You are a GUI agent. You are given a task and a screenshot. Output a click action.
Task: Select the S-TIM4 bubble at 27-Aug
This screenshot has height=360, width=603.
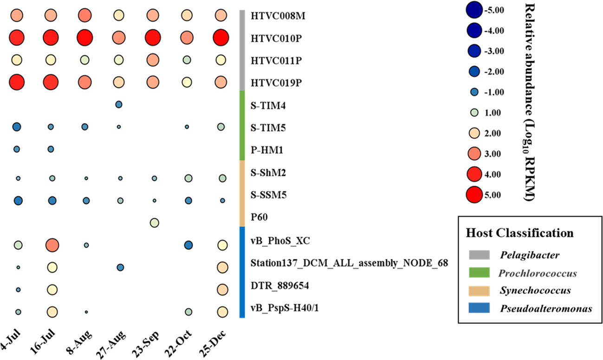[x=118, y=105]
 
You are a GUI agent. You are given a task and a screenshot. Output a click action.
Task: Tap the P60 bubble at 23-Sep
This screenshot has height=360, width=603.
[x=155, y=223]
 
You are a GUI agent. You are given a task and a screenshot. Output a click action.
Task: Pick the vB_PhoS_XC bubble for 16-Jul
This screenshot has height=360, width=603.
[x=52, y=244]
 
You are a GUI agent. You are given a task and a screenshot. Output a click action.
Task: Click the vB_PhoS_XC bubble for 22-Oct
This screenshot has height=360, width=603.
[x=188, y=244]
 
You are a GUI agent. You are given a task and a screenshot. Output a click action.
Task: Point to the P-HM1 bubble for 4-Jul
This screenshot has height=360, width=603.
[x=17, y=149]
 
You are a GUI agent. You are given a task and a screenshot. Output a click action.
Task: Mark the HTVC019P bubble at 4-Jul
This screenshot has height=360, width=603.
[x=17, y=82]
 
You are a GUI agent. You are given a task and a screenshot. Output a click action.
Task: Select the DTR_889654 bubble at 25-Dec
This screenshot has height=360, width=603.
[x=222, y=289]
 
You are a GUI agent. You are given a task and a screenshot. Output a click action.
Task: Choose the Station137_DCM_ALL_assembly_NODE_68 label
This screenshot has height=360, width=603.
[x=349, y=264]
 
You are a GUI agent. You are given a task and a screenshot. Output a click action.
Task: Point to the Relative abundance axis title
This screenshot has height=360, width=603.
[x=528, y=100]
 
